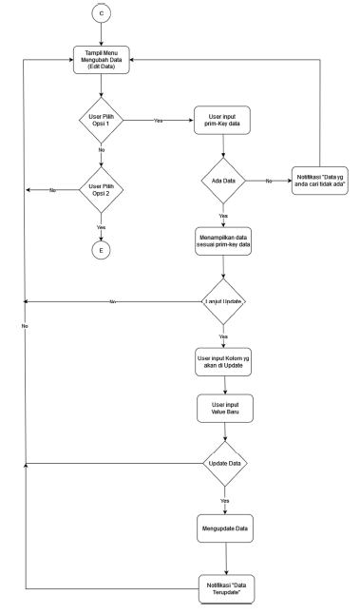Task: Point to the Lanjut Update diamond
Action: pos(221,303)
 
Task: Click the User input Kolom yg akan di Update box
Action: pos(221,363)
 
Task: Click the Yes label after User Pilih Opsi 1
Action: pos(158,121)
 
